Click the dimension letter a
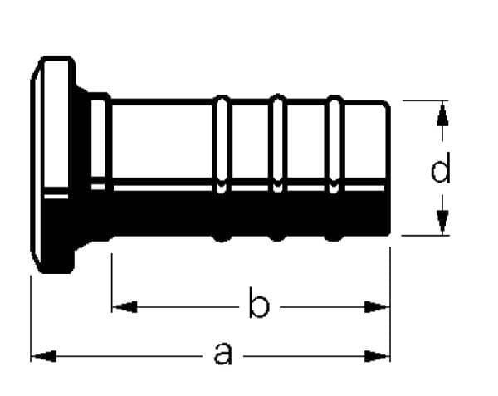tap(223, 354)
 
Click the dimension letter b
tap(259, 302)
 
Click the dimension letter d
tap(441, 168)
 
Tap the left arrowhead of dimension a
tap(44, 356)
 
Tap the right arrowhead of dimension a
tap(377, 356)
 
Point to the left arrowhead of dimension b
tap(124, 307)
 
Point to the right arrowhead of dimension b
tap(377, 307)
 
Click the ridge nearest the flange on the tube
tap(222, 169)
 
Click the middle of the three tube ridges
tap(277, 168)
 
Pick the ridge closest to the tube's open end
tap(334, 168)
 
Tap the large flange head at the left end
tap(53, 164)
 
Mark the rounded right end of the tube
tap(386, 169)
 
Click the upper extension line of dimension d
tap(426, 100)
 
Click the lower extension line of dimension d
tap(426, 236)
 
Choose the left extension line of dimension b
tap(112, 283)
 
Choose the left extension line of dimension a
tap(31, 319)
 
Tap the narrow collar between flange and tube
tap(99, 166)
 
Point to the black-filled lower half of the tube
tap(251, 213)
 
